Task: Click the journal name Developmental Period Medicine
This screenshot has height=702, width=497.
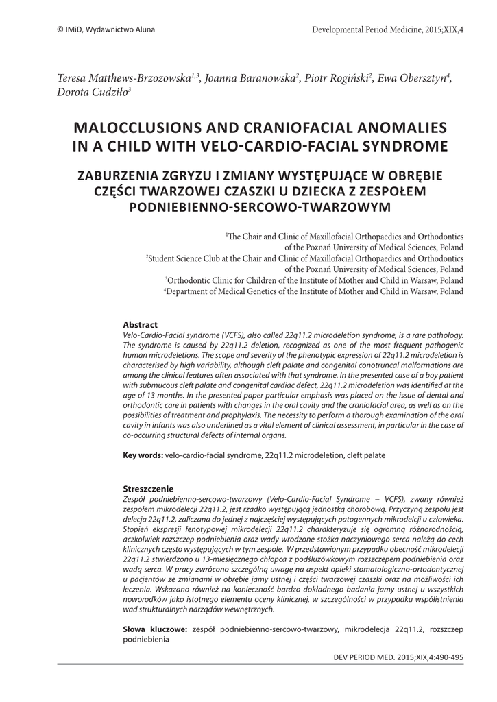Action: coord(371,30)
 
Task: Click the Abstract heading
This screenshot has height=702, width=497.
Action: coord(140,324)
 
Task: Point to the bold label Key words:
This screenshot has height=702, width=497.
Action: coord(143,455)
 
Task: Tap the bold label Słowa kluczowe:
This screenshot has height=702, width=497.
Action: coord(155,628)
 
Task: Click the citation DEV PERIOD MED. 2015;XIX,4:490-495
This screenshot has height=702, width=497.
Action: coord(398,657)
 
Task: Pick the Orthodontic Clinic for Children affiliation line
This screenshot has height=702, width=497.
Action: coord(315,280)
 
